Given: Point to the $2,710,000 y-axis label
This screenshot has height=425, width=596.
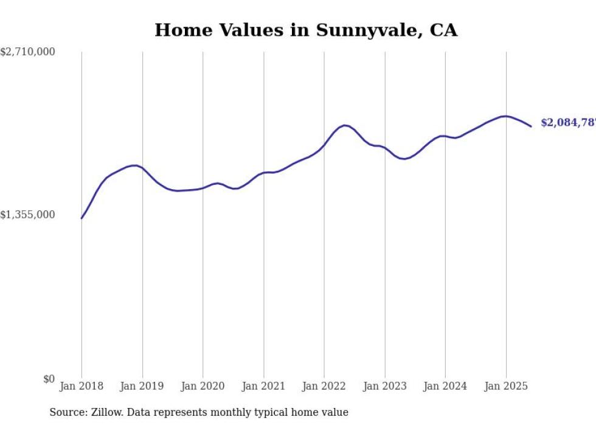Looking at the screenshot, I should [x=27, y=52].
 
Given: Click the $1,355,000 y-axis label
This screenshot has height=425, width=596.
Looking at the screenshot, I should [x=27, y=215].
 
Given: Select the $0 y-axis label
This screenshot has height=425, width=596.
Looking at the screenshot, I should [x=49, y=379].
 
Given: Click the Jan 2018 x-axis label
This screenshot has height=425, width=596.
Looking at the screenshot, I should [x=81, y=386].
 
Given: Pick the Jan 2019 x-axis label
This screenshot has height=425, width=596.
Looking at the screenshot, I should [x=142, y=386].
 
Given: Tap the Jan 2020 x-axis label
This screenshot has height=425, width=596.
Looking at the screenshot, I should [x=203, y=386].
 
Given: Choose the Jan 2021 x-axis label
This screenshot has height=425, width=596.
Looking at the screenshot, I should [x=263, y=386].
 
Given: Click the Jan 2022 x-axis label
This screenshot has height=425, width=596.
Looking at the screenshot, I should [x=324, y=386].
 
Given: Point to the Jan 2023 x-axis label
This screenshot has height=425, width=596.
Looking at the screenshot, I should [x=384, y=386].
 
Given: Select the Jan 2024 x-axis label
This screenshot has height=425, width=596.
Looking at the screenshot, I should [x=445, y=386].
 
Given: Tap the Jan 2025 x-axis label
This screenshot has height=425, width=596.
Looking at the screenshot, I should [x=505, y=386].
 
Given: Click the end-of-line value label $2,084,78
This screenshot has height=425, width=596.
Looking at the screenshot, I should [x=567, y=123].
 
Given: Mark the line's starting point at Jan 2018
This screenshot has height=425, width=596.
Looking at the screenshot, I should [x=81, y=218].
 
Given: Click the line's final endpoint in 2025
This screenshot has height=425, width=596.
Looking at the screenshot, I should [x=531, y=126].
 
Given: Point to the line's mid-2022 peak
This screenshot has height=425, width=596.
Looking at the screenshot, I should [x=345, y=125].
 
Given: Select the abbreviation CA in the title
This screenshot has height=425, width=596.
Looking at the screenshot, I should [x=443, y=30].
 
